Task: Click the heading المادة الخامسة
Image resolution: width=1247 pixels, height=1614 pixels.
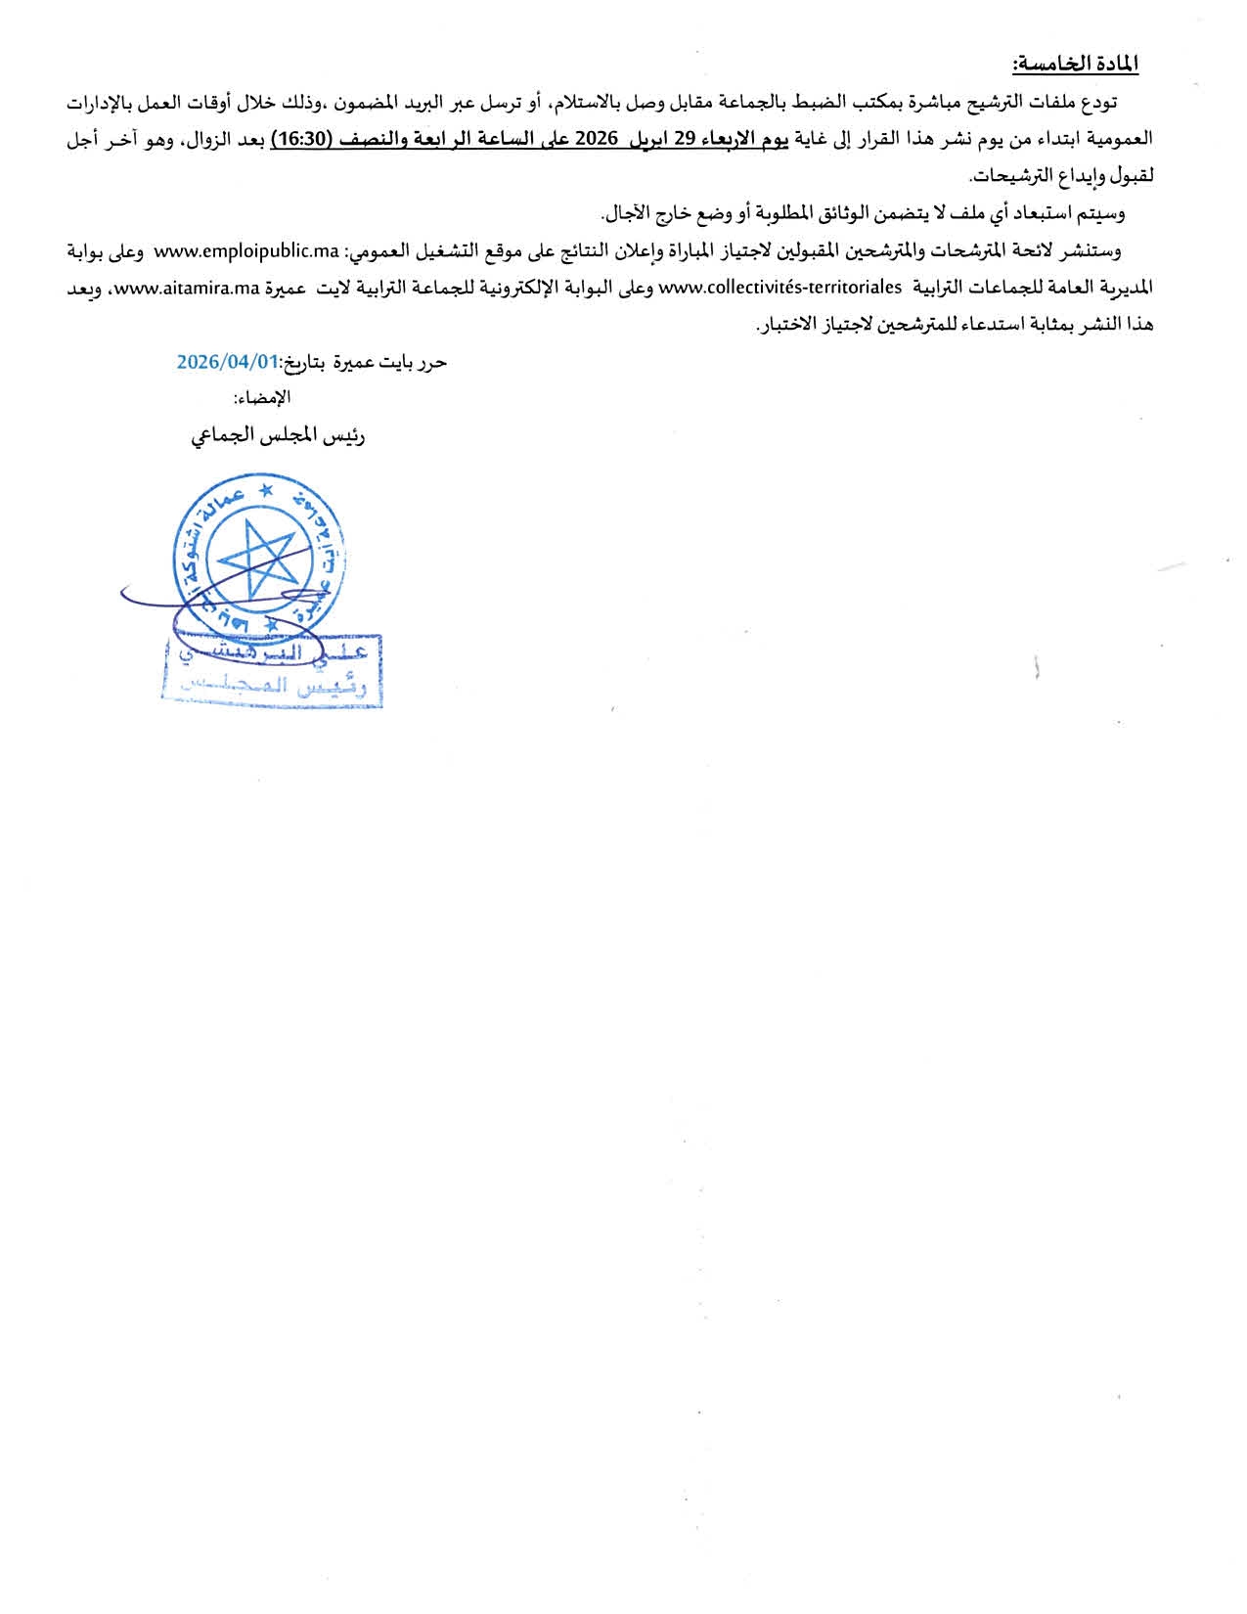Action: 1076,65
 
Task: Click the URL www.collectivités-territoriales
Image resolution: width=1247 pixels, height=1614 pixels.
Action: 780,288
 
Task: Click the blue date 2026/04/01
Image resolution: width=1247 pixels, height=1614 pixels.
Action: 228,362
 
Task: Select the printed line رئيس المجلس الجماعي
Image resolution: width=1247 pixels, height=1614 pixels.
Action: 279,436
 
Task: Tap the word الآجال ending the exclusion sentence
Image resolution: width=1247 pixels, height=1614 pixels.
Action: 630,213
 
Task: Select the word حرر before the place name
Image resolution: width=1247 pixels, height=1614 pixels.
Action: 431,362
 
